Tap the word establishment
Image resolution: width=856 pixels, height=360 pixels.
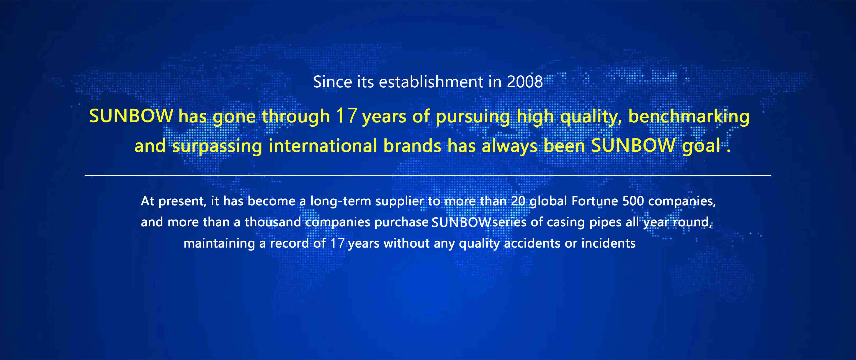point(431,82)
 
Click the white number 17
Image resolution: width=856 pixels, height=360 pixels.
point(337,243)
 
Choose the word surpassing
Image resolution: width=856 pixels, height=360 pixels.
point(217,146)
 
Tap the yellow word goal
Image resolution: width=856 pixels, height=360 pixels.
point(701,146)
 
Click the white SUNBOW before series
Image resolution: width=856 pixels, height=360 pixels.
point(461,222)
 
